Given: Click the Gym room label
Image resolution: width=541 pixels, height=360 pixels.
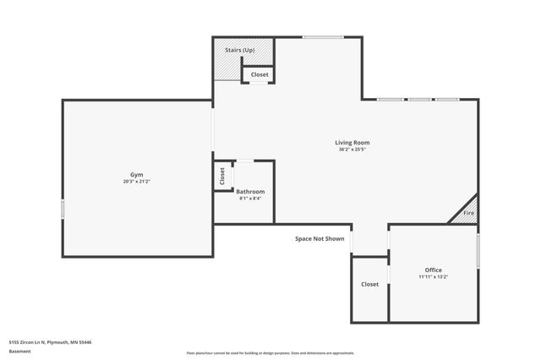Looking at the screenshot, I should pos(136,174).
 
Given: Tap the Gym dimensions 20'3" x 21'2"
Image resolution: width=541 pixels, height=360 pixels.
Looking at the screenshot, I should pos(136,181).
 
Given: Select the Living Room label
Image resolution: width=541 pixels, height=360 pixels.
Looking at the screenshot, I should pos(352,143).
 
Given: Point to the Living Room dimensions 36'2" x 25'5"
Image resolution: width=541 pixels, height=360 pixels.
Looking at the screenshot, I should pos(352,150).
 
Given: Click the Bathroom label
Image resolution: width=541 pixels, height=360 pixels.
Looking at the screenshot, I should pos(250,192).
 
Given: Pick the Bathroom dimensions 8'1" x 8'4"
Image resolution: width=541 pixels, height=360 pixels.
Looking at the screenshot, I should pos(250,199).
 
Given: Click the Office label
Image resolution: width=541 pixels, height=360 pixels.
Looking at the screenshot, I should pos(433,270).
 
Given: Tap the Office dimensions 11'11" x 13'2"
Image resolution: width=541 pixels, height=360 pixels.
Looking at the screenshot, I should pos(433,276).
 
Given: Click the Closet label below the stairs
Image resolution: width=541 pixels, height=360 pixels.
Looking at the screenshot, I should pos(260,75).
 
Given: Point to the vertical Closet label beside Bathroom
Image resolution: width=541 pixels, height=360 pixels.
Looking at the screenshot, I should pos(222,176).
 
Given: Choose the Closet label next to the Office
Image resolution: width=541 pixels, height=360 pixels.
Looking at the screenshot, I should pos(369,285).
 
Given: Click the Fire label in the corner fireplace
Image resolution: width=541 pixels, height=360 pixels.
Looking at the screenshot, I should pos(468,214).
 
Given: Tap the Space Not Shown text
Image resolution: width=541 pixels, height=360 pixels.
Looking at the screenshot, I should pos(320,239).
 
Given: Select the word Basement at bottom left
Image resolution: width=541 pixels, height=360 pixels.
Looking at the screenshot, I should pos(19,351).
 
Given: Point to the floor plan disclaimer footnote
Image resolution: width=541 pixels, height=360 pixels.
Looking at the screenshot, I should pos(270,353).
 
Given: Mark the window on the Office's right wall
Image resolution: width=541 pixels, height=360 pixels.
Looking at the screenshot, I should pos(478,251).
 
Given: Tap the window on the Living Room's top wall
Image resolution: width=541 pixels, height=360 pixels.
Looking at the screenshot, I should pos(323,36).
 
